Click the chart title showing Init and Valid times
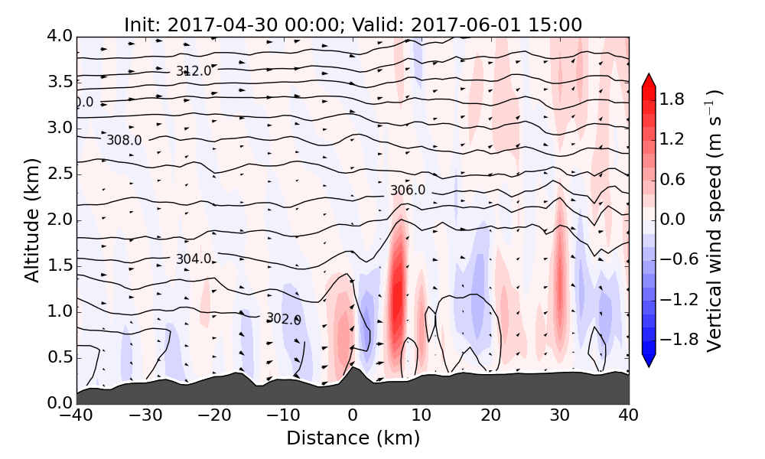(x=353, y=24)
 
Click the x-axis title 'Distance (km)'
(x=353, y=438)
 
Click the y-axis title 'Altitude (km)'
(x=31, y=220)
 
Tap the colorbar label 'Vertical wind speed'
(x=714, y=220)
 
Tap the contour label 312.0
(x=194, y=71)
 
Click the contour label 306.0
(x=408, y=190)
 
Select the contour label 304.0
(x=194, y=259)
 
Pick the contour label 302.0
(x=283, y=319)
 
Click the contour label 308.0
(x=124, y=140)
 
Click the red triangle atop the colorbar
(x=649, y=80)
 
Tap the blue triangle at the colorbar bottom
(x=649, y=360)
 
